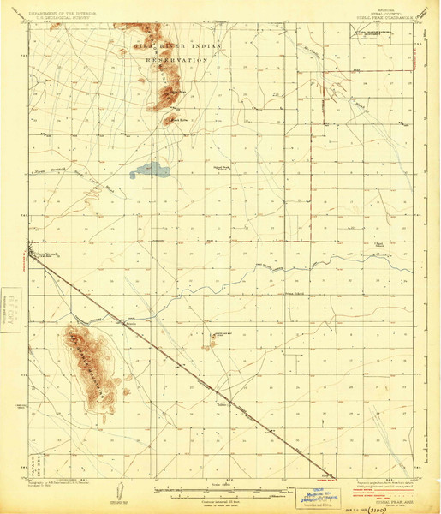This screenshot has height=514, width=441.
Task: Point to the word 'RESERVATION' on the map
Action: (x=177, y=61)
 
